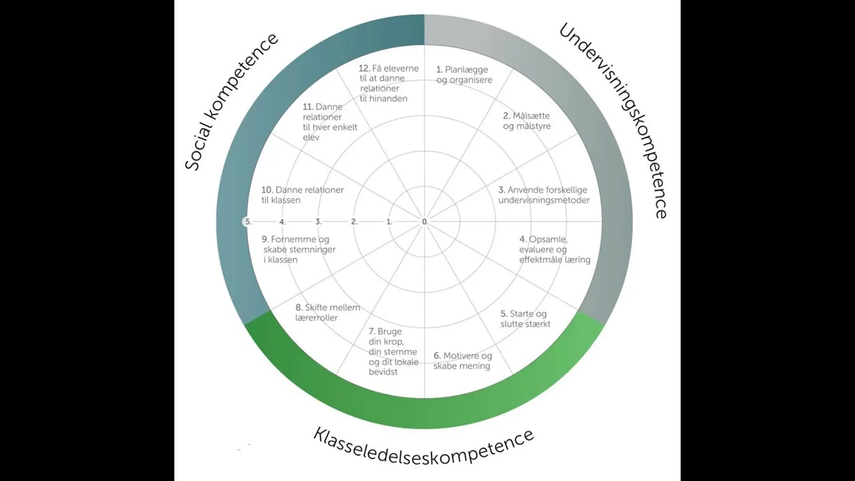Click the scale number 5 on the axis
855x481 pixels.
click(248, 222)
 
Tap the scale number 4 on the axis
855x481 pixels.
click(282, 222)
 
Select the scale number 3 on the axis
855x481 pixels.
click(318, 222)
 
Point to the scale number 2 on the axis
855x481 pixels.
click(354, 222)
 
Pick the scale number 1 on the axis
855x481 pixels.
click(389, 222)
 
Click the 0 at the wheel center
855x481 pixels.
click(424, 222)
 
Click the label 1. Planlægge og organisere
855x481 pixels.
click(464, 75)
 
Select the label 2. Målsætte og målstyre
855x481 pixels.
click(527, 121)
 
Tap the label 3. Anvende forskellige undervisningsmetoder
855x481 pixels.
click(544, 195)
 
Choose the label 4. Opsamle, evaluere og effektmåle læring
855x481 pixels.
click(554, 249)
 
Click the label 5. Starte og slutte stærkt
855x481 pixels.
click(525, 319)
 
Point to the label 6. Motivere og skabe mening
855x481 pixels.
click(463, 361)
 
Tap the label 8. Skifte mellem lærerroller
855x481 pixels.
click(327, 313)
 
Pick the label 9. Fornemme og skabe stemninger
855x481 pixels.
click(299, 249)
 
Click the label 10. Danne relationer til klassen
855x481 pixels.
click(302, 195)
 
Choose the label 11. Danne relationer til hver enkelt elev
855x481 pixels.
click(330, 122)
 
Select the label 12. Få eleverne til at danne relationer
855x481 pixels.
click(388, 83)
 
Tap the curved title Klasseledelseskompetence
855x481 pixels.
click(423, 448)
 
